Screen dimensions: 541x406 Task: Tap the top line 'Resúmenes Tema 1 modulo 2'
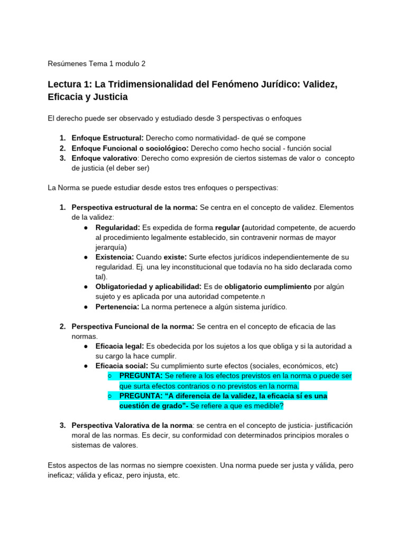(97, 64)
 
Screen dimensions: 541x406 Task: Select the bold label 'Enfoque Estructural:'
(107, 138)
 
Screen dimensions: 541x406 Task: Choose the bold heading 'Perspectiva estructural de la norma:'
(135, 207)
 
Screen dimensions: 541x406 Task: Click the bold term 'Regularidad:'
(118, 227)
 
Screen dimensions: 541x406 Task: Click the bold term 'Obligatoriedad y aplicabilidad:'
(149, 287)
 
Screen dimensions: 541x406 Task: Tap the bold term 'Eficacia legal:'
(119, 346)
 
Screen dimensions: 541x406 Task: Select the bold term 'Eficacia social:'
(122, 366)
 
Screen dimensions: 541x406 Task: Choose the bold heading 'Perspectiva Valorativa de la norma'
(132, 425)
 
